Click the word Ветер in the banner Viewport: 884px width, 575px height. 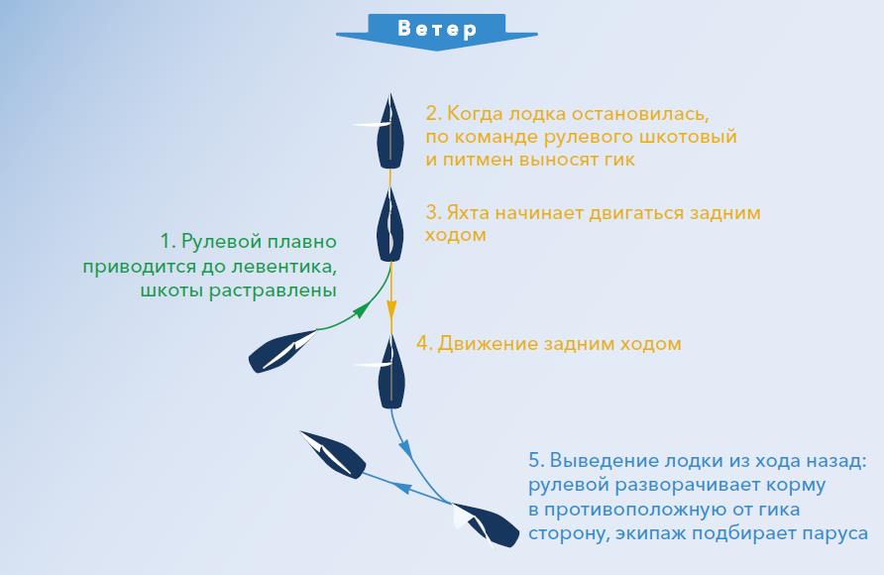tap(437, 28)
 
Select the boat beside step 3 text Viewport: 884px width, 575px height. tap(389, 224)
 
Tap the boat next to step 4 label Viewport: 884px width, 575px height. tap(389, 371)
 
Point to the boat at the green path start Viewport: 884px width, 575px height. tap(282, 351)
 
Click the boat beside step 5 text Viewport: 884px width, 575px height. tap(486, 525)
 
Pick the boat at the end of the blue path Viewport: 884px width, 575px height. tap(333, 455)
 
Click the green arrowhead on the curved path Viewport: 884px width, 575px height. tap(364, 309)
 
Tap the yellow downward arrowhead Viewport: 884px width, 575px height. tap(390, 309)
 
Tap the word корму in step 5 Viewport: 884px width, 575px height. tap(796, 486)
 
